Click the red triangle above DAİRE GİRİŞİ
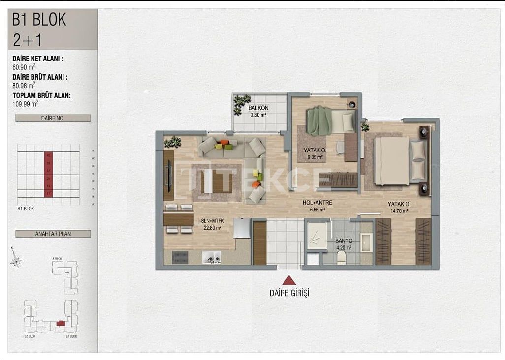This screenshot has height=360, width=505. [x=289, y=280]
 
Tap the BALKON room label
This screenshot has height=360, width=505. [x=257, y=108]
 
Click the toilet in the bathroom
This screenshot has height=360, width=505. [x=341, y=257]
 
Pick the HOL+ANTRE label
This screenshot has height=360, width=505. [x=317, y=203]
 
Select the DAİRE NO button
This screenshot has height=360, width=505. [x=53, y=118]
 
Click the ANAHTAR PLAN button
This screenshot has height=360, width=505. [x=53, y=234]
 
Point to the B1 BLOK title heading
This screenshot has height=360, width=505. [x=39, y=20]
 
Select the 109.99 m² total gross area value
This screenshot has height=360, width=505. [x=26, y=104]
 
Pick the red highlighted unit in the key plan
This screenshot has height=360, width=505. [x=60, y=323]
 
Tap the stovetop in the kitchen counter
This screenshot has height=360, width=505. [x=180, y=257]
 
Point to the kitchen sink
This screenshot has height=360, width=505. [x=212, y=257]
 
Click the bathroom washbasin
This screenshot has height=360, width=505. [x=366, y=242]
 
